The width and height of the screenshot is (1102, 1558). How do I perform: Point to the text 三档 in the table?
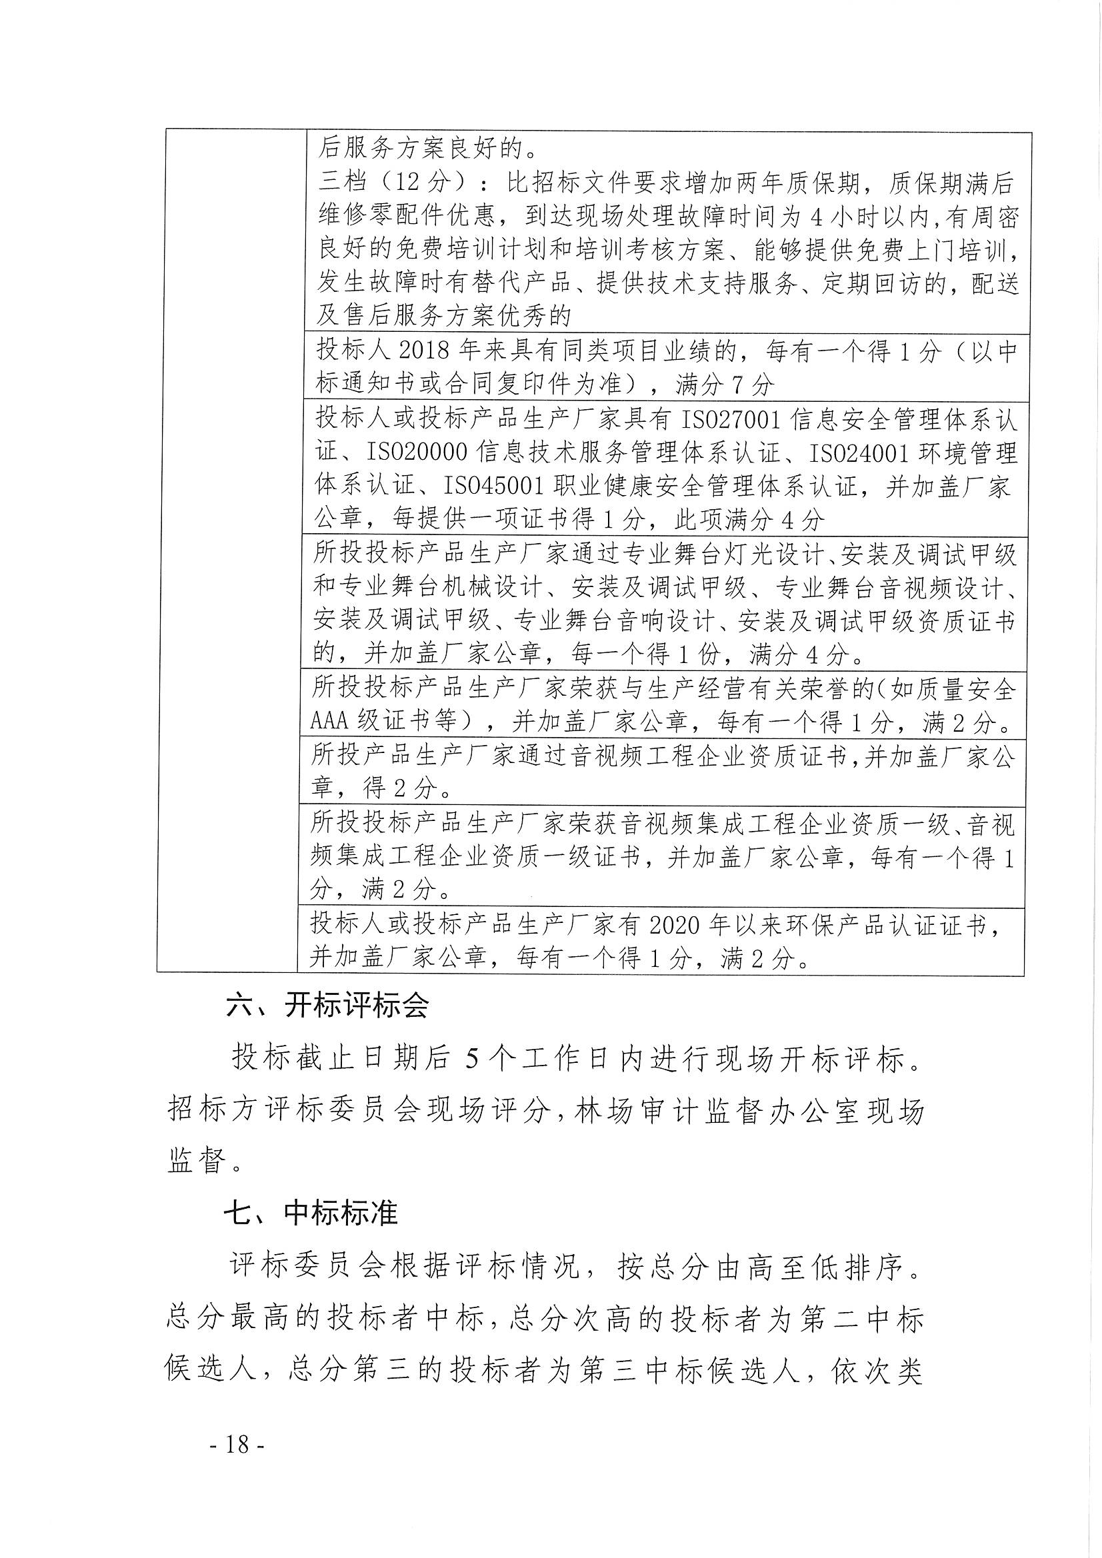point(343,183)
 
